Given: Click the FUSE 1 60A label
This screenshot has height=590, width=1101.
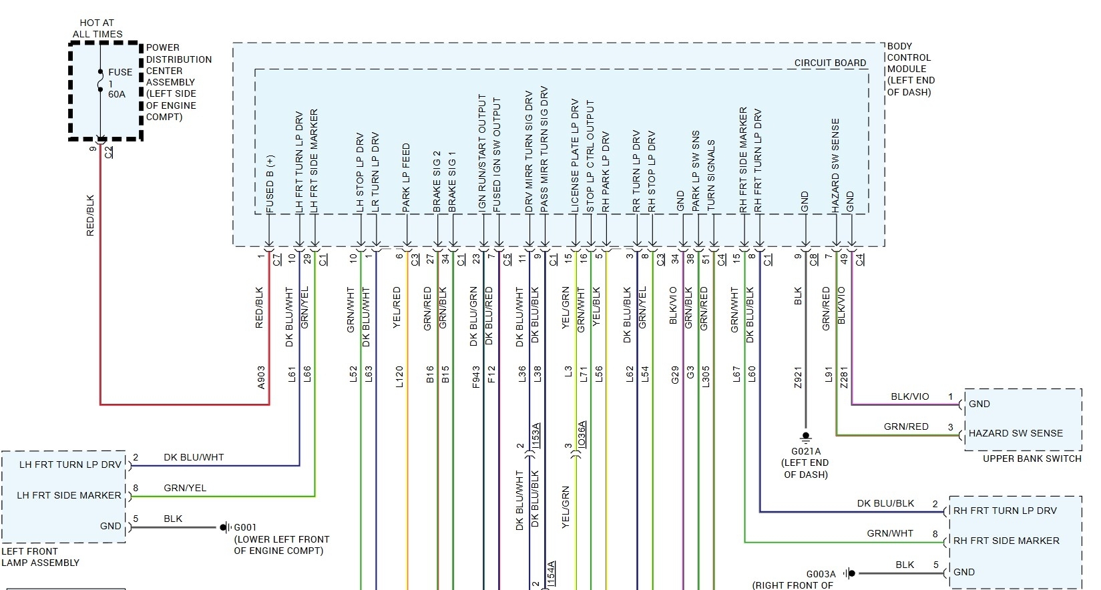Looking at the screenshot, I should click(x=119, y=83).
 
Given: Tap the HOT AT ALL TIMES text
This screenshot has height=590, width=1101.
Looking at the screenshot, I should click(x=97, y=28).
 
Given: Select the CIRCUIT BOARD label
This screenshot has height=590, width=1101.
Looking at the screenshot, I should click(x=830, y=63).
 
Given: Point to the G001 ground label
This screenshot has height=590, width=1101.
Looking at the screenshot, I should click(x=245, y=527).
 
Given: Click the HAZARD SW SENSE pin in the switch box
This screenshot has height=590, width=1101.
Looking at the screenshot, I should click(x=1016, y=433).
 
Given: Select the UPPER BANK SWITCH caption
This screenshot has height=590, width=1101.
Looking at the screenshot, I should click(x=1032, y=459).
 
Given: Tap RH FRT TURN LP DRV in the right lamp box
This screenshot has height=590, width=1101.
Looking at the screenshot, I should click(x=1005, y=511).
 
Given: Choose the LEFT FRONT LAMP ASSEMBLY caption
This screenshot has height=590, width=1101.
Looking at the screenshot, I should click(x=40, y=557).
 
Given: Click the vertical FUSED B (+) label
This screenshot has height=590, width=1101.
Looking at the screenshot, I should click(x=270, y=184).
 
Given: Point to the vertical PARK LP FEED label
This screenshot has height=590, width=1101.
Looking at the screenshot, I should click(x=406, y=178).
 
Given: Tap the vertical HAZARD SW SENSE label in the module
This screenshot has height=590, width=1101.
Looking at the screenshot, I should click(x=835, y=166).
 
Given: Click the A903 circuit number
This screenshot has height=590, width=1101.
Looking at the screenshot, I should click(x=261, y=377).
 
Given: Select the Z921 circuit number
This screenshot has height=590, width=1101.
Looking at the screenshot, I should click(x=798, y=377).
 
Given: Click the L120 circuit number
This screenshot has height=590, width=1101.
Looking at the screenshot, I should click(x=399, y=377).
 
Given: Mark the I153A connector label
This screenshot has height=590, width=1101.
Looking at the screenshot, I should click(x=536, y=436).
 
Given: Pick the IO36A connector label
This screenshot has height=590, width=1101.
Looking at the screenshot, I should click(x=582, y=434).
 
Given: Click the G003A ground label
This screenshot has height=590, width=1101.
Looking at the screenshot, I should click(x=821, y=574).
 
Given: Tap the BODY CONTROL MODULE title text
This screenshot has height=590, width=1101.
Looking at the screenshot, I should click(x=910, y=69).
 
